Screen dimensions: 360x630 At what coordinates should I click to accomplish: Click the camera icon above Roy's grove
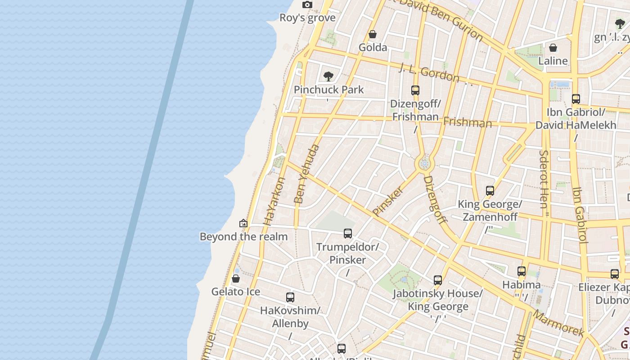point(307,5)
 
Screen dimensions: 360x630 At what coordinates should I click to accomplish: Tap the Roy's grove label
point(307,18)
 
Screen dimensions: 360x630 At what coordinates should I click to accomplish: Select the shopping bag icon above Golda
point(373,34)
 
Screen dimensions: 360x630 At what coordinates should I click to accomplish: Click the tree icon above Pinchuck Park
point(328,76)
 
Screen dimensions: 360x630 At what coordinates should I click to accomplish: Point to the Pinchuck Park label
point(328,90)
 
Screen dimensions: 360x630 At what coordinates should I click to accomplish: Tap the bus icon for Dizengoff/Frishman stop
point(415,90)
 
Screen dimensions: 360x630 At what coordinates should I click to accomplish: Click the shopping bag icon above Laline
point(553,48)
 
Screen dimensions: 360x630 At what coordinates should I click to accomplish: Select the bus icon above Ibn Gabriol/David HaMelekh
point(576,99)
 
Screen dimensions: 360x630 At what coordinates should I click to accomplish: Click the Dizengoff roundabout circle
point(424,164)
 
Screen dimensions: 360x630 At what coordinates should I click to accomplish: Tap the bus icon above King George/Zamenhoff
point(490,191)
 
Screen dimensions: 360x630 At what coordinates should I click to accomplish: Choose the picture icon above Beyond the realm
point(243,223)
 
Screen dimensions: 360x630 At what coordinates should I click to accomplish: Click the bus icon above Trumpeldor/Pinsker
point(348,234)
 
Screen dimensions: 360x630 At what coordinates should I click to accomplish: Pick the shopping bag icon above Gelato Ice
point(235,279)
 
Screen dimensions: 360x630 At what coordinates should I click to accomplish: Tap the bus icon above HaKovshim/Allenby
point(290,297)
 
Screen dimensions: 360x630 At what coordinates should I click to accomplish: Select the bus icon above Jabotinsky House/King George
point(438,280)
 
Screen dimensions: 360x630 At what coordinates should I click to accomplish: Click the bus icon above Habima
point(522,271)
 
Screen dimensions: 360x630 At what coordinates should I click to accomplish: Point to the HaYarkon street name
point(274,201)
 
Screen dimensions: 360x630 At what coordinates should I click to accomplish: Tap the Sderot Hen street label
point(544,179)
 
